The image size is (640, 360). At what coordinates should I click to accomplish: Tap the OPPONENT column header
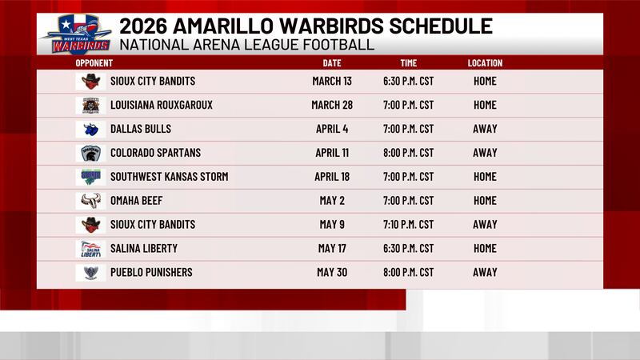[x=94, y=63]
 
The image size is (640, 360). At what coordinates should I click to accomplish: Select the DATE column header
[x=332, y=63]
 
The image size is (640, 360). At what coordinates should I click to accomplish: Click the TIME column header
[x=409, y=63]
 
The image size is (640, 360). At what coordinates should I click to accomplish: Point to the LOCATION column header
[x=485, y=63]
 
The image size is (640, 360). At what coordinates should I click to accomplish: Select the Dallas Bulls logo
[x=90, y=129]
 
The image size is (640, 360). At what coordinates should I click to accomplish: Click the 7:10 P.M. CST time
[x=409, y=225]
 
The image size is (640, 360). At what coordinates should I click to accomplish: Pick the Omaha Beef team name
[x=134, y=201]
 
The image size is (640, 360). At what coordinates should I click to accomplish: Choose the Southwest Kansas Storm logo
[x=90, y=177]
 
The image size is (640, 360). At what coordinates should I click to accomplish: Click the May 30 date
[x=332, y=273]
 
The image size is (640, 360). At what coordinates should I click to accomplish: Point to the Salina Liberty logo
[x=90, y=249]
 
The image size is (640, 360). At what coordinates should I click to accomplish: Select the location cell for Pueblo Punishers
[x=485, y=273]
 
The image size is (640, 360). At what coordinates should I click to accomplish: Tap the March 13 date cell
[x=332, y=81]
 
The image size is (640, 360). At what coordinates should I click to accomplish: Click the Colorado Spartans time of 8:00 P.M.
[x=409, y=153]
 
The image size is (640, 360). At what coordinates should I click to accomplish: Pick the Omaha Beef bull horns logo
[x=90, y=201]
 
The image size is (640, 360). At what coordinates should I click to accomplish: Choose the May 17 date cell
[x=332, y=249]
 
